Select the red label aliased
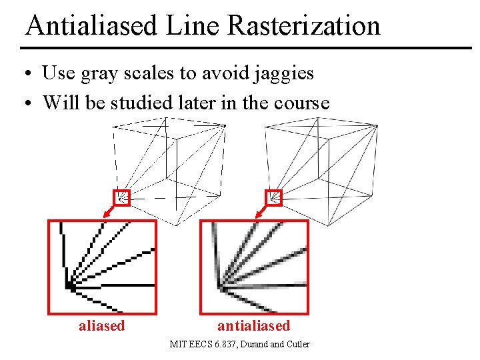[x=101, y=326]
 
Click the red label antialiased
[x=254, y=326]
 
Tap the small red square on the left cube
[x=122, y=197]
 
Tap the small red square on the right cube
[x=274, y=197]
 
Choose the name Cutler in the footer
[x=298, y=345]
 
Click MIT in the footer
[x=178, y=345]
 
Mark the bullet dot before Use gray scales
[x=31, y=73]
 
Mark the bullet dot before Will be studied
[x=31, y=103]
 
